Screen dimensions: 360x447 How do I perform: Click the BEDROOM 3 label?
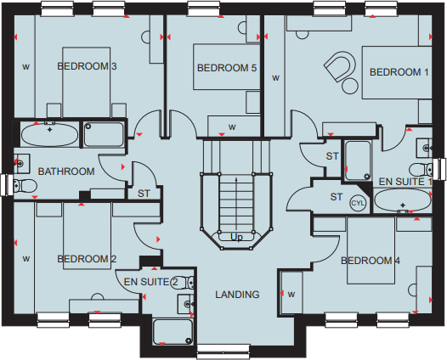(88, 65)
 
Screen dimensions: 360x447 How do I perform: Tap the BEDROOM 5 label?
(227, 68)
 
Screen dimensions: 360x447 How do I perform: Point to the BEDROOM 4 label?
(371, 261)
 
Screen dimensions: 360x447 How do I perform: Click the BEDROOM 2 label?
(87, 259)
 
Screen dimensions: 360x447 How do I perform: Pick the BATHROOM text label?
(66, 172)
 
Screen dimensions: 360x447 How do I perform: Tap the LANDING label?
(238, 295)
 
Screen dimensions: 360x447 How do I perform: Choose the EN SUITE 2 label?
(151, 281)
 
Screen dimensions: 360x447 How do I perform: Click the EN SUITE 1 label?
(406, 182)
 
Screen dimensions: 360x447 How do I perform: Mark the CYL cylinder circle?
(359, 203)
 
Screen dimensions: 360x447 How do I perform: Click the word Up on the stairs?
(236, 237)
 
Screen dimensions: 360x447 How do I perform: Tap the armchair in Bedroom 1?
(342, 68)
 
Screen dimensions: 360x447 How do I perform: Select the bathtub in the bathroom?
(48, 134)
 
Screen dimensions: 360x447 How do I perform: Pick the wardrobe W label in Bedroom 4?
(291, 295)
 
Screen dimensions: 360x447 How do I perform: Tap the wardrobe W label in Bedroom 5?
(231, 127)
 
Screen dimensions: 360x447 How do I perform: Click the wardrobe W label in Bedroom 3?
(25, 65)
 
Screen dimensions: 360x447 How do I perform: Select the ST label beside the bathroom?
(144, 194)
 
